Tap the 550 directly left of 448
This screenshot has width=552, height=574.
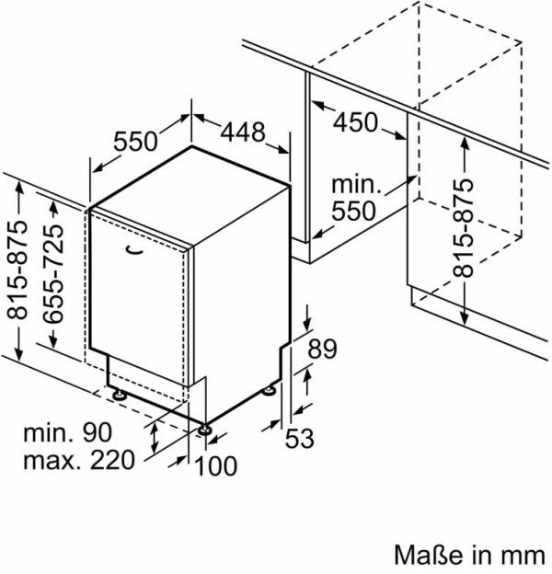136,142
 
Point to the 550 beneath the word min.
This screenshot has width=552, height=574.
353,211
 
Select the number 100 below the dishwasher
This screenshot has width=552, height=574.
216,466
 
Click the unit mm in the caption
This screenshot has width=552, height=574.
520,555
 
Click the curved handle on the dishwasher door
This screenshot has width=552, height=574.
132,247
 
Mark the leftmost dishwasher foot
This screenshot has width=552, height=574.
119,394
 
